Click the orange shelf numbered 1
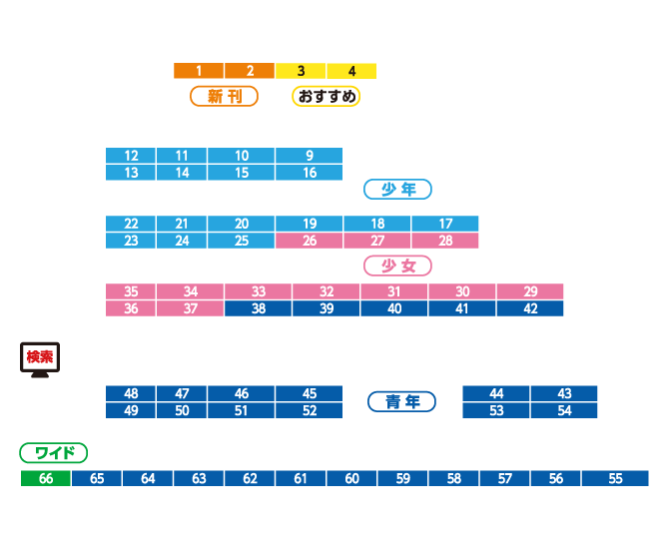pos(199,71)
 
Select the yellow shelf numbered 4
pos(351,71)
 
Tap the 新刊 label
pos(224,96)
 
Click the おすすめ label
pos(326,96)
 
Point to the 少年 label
pos(397,189)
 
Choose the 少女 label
pos(397,266)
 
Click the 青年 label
pos(401,401)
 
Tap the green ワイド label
pos(54,453)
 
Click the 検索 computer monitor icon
pos(40,359)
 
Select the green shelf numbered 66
pos(46,478)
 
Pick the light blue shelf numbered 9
pos(309,156)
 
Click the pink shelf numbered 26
pos(309,241)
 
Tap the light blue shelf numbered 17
pos(444,224)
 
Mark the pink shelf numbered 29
pos(529,291)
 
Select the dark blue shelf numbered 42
pos(529,308)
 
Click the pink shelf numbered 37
pos(190,308)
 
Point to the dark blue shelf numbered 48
pos(131,393)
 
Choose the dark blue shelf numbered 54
pos(564,410)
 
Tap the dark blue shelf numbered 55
pos(615,478)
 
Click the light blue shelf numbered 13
pos(131,173)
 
